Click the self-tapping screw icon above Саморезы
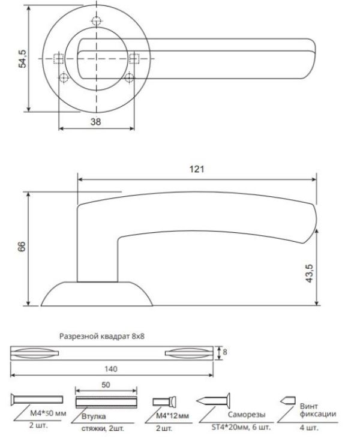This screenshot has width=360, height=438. pos(214,401)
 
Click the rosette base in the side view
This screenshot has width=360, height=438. pos(96,294)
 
